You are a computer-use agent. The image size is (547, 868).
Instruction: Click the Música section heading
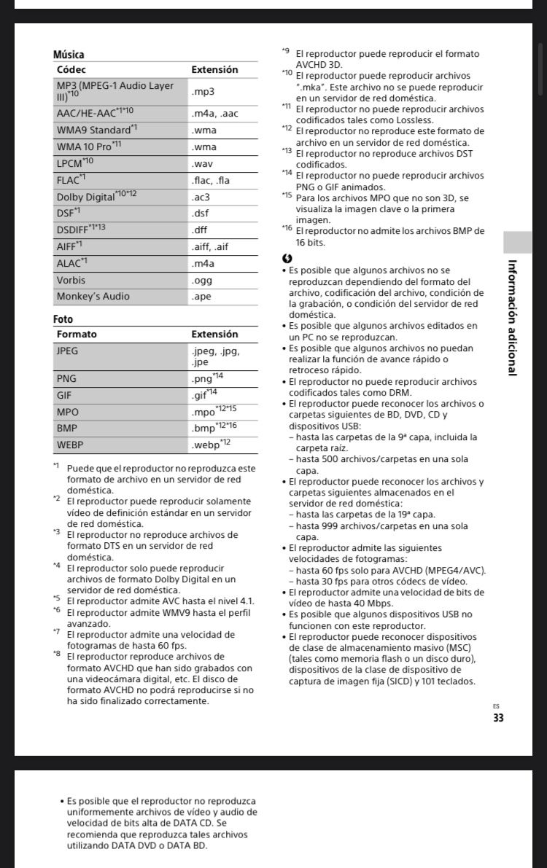pyautogui.click(x=69, y=55)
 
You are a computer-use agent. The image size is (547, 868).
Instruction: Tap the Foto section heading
pyautogui.click(x=63, y=319)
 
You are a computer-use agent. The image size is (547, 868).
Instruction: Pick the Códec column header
pyautogui.click(x=71, y=70)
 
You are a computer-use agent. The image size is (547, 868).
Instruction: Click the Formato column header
pyautogui.click(x=77, y=335)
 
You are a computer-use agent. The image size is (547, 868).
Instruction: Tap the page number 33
pyautogui.click(x=497, y=718)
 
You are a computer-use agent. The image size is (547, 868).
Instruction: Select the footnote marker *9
pyautogui.click(x=285, y=52)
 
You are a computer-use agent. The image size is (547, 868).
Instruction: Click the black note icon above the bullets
pyautogui.click(x=287, y=259)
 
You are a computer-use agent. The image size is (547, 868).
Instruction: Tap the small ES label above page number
pyautogui.click(x=497, y=706)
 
